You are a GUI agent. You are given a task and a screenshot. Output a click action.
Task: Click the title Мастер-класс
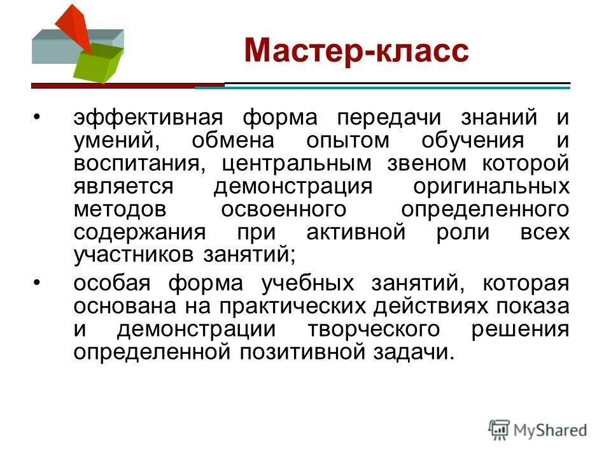click(x=356, y=50)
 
